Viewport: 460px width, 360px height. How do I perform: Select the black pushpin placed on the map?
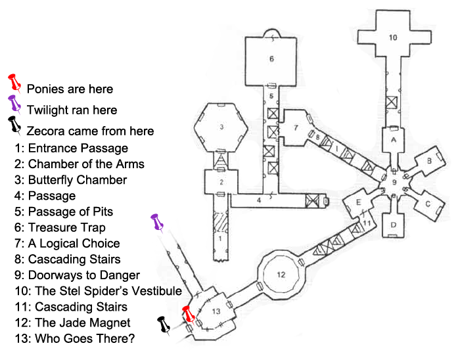pyautogui.click(x=162, y=325)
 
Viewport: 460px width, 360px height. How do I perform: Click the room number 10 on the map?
pyautogui.click(x=392, y=37)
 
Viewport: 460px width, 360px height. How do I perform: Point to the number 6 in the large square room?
pyautogui.click(x=271, y=59)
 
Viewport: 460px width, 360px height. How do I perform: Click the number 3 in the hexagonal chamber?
pyautogui.click(x=222, y=126)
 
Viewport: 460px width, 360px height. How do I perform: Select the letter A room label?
pyautogui.click(x=393, y=141)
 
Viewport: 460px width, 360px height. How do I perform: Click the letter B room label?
pyautogui.click(x=428, y=160)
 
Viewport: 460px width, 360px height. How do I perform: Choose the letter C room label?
pyautogui.click(x=427, y=203)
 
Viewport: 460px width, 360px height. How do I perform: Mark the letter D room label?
pyautogui.click(x=392, y=225)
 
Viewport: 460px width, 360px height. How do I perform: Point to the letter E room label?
pyautogui.click(x=359, y=202)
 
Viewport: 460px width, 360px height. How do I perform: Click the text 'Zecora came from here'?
pyautogui.click(x=91, y=131)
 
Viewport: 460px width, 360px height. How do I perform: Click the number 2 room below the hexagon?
pyautogui.click(x=222, y=182)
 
